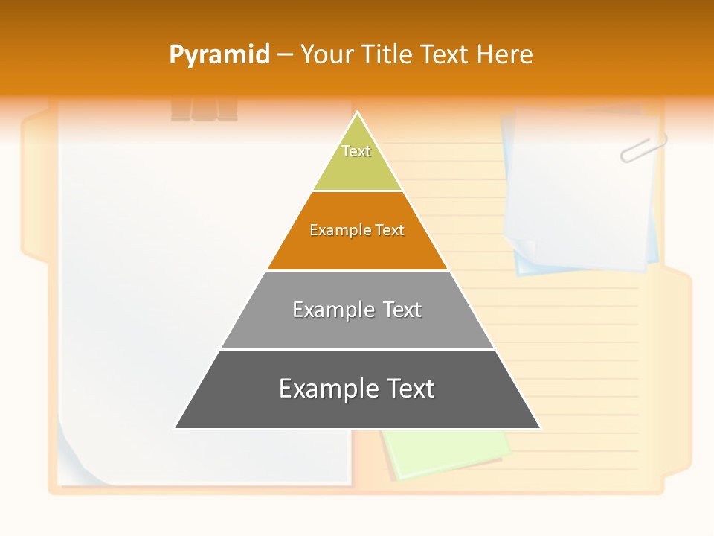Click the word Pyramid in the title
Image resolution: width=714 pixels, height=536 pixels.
tap(219, 55)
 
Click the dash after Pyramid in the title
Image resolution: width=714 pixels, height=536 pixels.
tap(285, 55)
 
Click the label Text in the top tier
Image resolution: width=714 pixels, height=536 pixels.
tap(356, 151)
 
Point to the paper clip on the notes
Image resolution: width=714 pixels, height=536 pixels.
tap(643, 147)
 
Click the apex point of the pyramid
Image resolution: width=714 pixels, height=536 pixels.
tap(358, 113)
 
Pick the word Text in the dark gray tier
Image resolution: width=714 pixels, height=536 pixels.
tap(408, 389)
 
